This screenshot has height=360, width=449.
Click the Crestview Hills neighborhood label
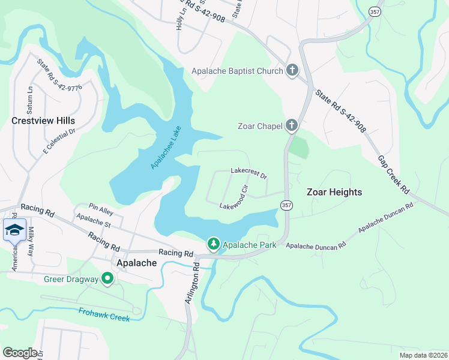point(44,121)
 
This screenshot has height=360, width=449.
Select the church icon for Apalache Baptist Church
point(292,71)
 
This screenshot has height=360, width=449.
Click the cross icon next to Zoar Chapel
point(291,125)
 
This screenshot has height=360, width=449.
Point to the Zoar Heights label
point(334,192)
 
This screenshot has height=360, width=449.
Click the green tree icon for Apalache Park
point(213,244)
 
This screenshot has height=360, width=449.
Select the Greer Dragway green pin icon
point(107,278)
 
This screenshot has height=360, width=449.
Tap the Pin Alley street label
point(101,208)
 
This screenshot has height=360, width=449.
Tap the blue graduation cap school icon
point(14,229)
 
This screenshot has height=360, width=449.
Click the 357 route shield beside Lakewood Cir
point(286,205)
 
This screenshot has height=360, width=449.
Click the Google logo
point(20,352)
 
